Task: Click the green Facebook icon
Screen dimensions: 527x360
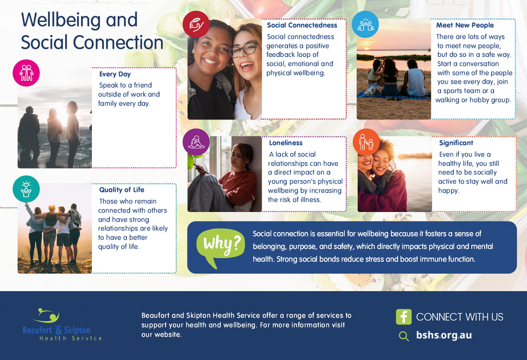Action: (404, 317)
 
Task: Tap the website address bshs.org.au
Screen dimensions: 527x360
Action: (444, 335)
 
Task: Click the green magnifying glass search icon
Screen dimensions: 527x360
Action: (404, 336)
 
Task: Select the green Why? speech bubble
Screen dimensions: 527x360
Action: (220, 247)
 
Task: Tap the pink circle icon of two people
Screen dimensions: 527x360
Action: (26, 73)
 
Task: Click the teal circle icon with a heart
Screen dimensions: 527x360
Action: (26, 189)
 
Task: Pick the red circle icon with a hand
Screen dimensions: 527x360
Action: (196, 24)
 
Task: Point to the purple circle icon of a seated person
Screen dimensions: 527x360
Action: (196, 142)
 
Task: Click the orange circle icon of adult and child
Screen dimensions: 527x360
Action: (366, 142)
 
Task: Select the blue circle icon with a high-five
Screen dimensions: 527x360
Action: (365, 24)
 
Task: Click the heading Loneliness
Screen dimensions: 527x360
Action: (285, 143)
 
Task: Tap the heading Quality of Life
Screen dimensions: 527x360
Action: (122, 190)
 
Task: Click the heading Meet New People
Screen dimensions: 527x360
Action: (465, 25)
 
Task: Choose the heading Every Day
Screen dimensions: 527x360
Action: (115, 74)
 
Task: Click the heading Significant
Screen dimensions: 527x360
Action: (456, 143)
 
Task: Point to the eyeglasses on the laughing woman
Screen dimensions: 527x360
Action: (244, 49)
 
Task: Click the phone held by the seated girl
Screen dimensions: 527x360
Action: (200, 168)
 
